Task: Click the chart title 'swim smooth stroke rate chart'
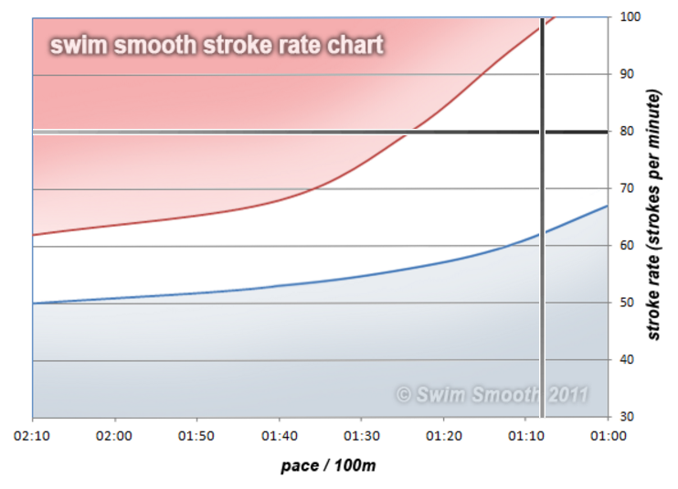point(217,45)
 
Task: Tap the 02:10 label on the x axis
point(33,436)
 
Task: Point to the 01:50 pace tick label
point(197,436)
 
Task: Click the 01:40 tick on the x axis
point(280,436)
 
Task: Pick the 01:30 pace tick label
point(362,436)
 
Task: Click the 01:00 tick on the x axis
point(608,436)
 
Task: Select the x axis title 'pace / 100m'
point(328,466)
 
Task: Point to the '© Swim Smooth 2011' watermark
point(492,395)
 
